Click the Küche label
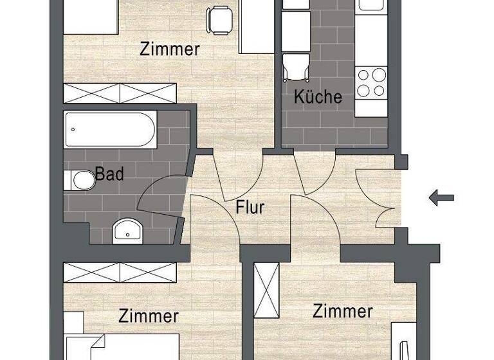point(318,97)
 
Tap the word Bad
point(109,174)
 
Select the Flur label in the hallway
point(250,208)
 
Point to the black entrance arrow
point(441,198)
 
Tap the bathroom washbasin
point(128,230)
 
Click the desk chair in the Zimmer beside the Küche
point(220,19)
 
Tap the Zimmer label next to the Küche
point(170,49)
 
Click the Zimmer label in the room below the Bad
point(149,316)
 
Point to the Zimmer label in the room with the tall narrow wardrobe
point(342,312)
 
